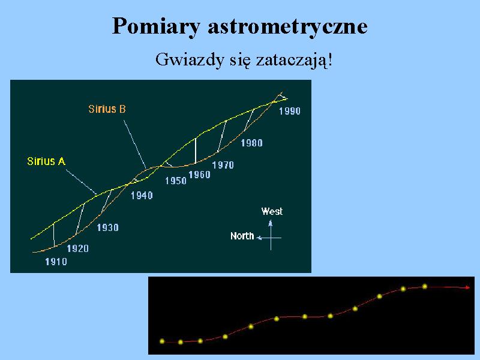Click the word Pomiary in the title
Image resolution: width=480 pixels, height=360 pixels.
pos(156,26)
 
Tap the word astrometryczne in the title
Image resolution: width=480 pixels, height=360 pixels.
pos(288,26)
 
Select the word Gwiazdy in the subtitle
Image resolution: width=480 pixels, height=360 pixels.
pos(190,59)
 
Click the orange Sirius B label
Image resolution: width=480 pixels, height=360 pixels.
pos(107,109)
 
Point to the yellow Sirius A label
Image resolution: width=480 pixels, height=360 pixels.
pos(46,161)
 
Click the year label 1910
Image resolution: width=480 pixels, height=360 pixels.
pos(56,262)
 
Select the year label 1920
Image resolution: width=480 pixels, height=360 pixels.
pos(78,248)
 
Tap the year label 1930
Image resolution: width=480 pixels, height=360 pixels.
pos(108,228)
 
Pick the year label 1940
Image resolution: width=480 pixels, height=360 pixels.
pos(142,196)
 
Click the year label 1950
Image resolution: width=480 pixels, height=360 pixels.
pos(176,181)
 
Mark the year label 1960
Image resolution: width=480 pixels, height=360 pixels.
pos(199,175)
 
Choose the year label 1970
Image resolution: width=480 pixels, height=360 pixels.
pos(223,166)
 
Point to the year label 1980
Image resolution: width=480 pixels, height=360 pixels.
pos(251,143)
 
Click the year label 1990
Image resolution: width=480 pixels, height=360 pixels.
pos(290,111)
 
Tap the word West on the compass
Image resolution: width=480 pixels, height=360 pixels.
pos(272,212)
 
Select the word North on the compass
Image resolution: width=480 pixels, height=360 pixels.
pos(242,236)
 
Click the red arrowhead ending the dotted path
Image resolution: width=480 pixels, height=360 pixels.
pos(467,287)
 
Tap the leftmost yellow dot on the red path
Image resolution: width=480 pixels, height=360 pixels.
pos(162,341)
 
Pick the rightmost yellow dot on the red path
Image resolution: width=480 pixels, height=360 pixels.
pos(425,287)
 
